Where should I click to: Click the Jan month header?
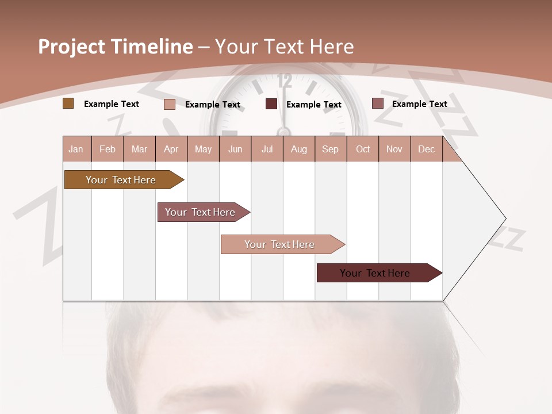76,149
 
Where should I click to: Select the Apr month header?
171,149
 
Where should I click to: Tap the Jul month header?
267,149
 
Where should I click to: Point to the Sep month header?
330,149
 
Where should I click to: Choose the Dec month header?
426,149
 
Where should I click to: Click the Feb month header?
108,149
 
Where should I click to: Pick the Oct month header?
363,149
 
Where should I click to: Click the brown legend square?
68,103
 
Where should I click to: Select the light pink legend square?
170,104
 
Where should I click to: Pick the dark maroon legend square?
271,104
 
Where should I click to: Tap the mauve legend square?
377,103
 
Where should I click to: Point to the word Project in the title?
72,47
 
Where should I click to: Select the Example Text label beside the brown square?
112,104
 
